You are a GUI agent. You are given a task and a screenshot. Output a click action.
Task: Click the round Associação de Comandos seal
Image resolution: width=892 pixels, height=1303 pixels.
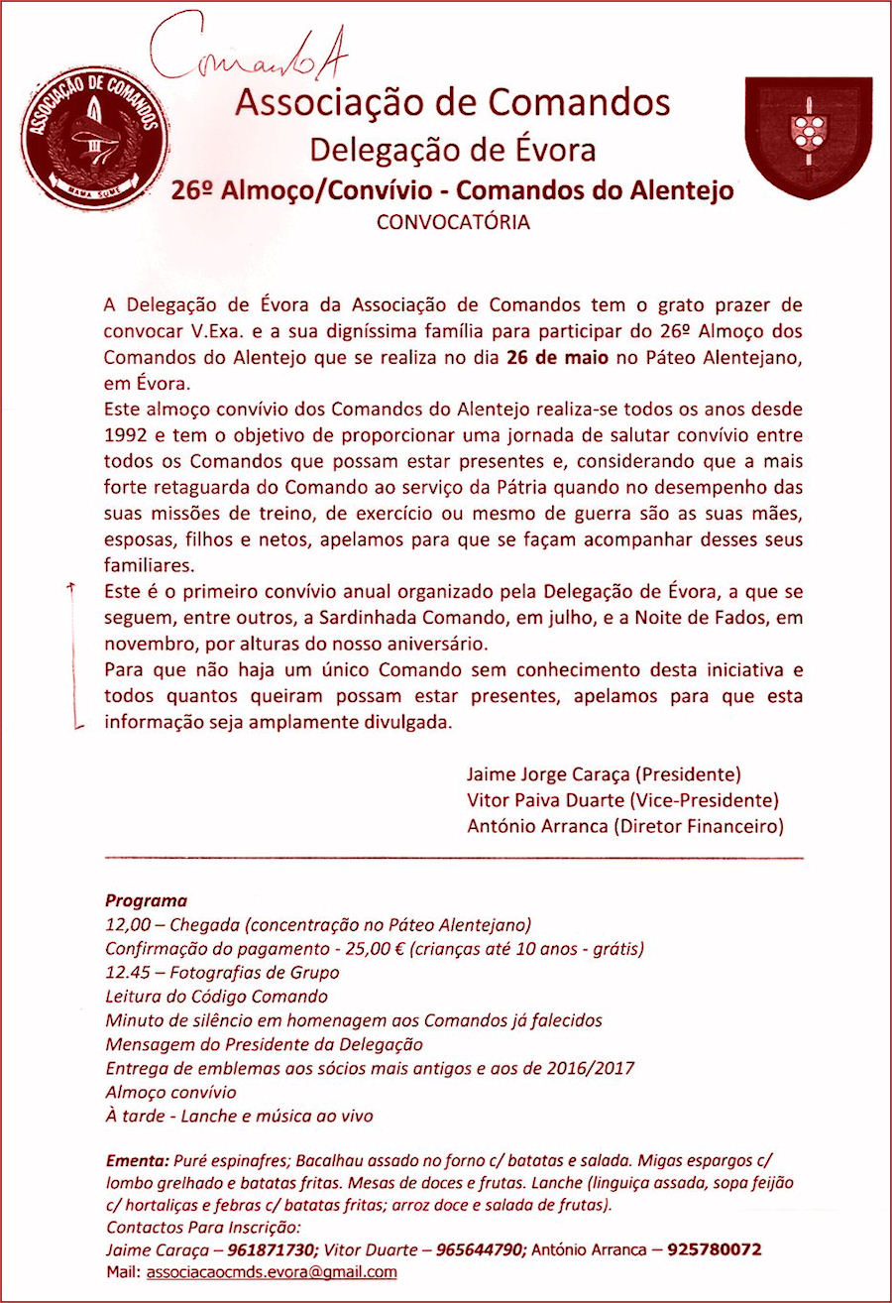[x=93, y=136]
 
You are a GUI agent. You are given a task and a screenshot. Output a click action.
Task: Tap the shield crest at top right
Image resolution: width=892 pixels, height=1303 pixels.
[x=808, y=136]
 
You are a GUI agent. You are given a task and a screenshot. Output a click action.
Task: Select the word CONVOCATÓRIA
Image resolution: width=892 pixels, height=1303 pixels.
[x=453, y=222]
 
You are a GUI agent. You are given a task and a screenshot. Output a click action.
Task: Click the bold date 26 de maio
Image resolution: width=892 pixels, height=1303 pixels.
[x=558, y=357]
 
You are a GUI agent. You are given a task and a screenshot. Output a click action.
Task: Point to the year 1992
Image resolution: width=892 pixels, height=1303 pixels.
[x=126, y=434]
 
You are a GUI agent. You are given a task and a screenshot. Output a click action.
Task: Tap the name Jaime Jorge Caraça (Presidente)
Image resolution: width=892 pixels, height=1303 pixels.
[x=604, y=774]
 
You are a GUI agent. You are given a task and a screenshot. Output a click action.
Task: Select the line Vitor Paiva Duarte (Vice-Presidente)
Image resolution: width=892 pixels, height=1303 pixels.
[x=622, y=800]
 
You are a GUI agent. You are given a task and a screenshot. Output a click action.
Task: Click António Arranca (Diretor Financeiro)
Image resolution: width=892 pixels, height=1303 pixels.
[x=625, y=825]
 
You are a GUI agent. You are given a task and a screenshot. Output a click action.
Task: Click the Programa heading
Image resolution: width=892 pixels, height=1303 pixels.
[x=146, y=901]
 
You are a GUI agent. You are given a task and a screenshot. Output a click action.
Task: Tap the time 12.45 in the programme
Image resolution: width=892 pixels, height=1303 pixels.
[x=126, y=973]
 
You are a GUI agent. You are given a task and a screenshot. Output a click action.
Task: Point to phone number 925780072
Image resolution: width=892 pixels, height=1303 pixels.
[x=715, y=1249]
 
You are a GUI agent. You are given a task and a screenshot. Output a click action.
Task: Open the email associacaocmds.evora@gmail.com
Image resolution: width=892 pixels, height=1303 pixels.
[x=272, y=1272]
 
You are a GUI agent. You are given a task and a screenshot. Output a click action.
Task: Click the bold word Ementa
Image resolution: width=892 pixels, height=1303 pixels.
[x=137, y=1159]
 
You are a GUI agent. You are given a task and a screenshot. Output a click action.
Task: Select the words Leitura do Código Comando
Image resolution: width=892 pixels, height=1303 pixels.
[x=216, y=997]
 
